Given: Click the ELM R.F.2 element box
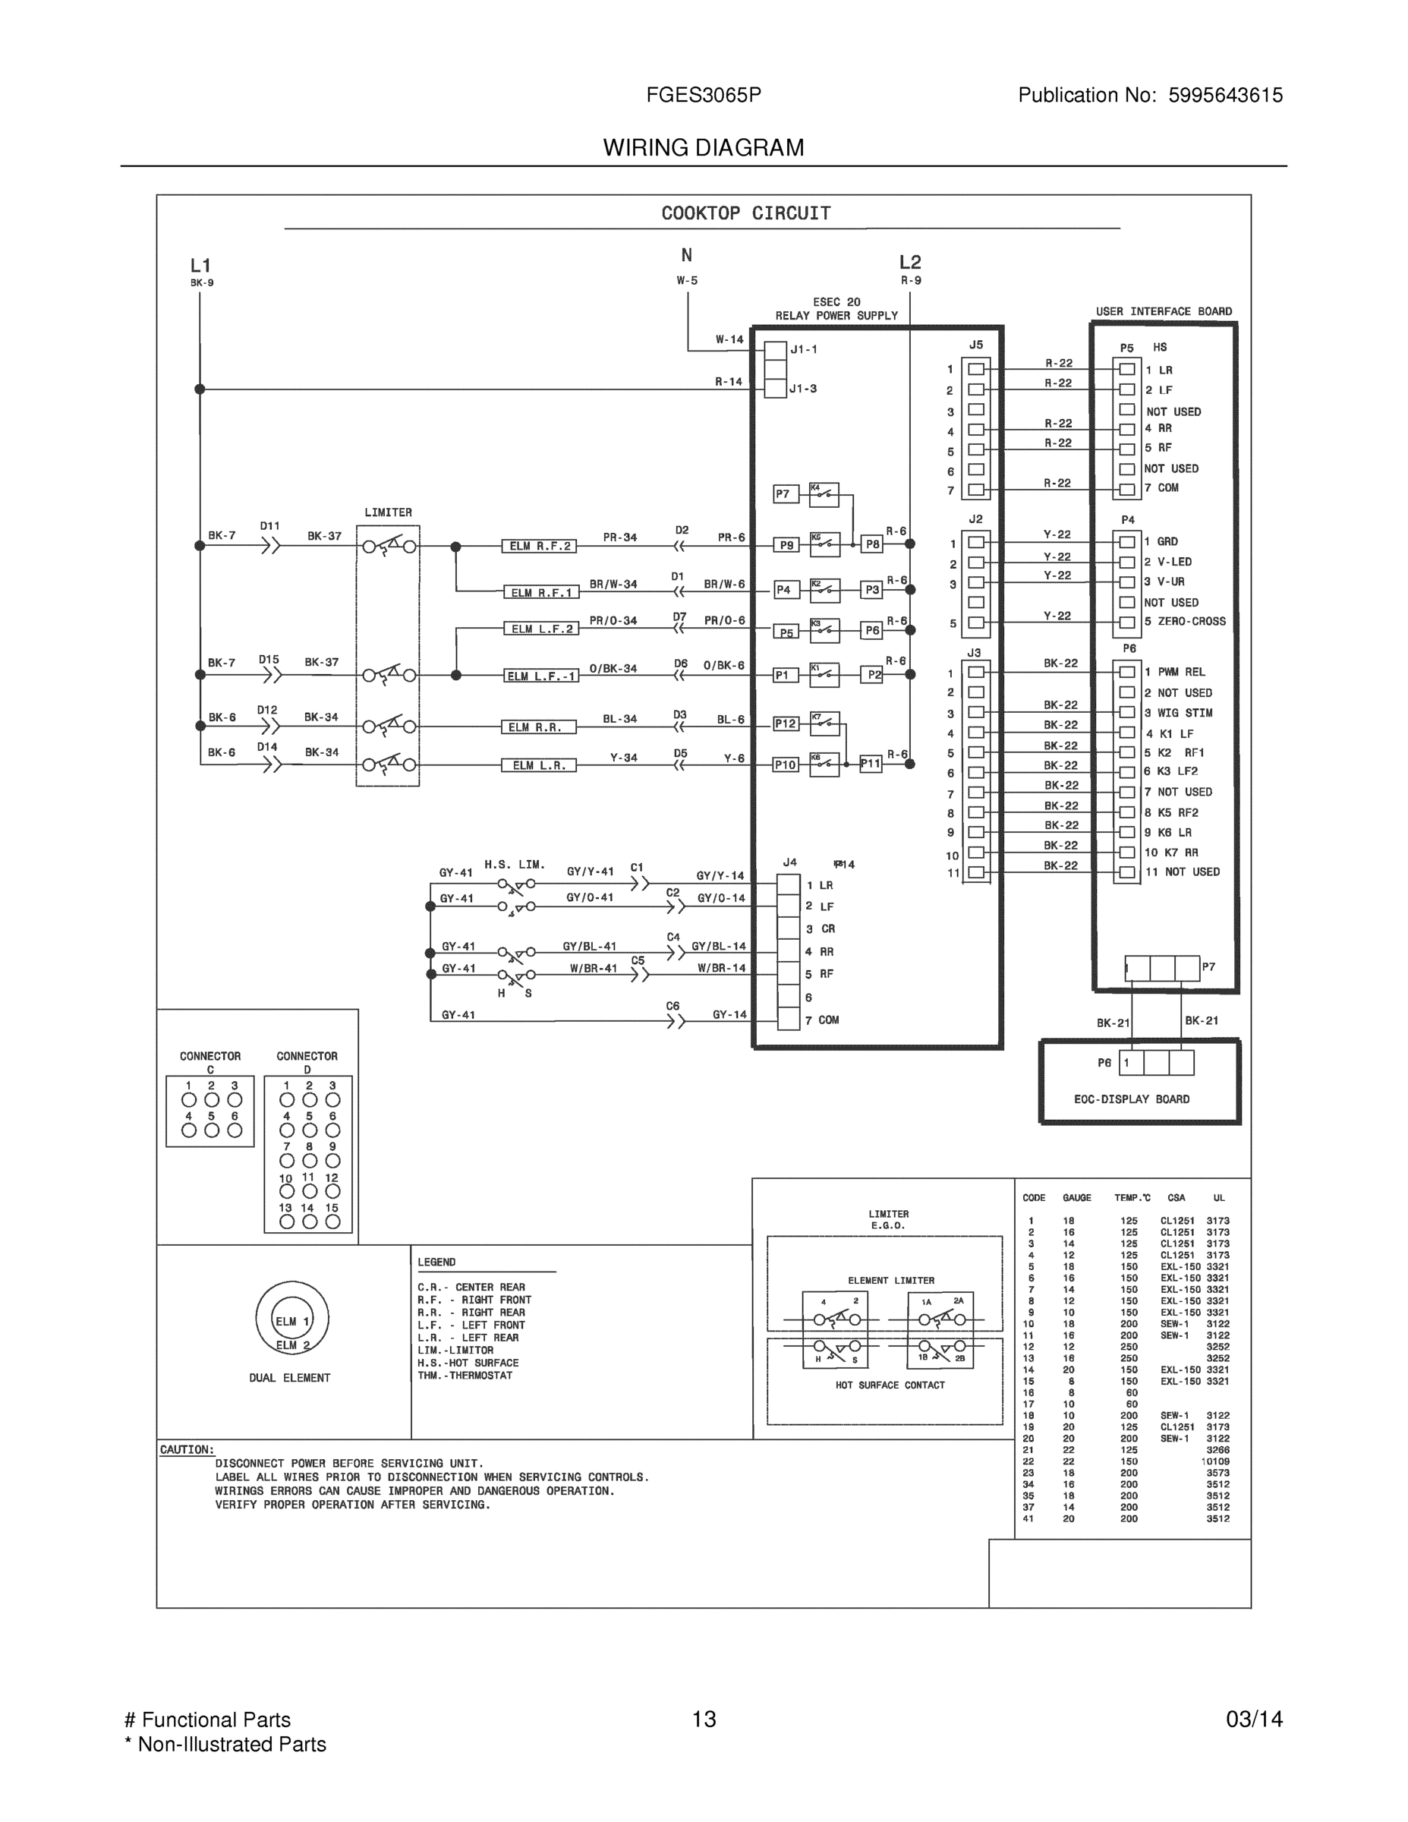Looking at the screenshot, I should (x=540, y=547).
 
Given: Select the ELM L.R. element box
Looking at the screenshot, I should (x=539, y=765).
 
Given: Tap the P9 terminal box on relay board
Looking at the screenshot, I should (x=786, y=546).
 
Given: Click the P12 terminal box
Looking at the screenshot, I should (x=786, y=724).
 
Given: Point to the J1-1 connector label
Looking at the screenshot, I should (x=804, y=349).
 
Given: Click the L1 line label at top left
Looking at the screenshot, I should (x=200, y=266).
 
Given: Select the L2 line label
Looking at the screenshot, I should (x=910, y=263).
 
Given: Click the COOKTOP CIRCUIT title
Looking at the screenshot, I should (x=745, y=213).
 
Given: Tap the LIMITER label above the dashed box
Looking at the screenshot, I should (x=388, y=512).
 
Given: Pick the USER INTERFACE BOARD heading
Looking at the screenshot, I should (x=1164, y=312).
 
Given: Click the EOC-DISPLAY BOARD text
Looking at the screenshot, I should (x=1132, y=1099).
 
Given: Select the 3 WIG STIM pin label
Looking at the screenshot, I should (x=1179, y=714).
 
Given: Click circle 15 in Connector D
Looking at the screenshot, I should (x=332, y=1221).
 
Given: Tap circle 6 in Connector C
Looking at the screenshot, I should (x=235, y=1130).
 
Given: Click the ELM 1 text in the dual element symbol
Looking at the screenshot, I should (x=292, y=1322).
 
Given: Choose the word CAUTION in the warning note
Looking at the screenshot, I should (x=187, y=1450).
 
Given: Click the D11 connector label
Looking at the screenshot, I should (x=269, y=526).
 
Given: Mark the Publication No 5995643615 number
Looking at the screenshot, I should (x=1225, y=96).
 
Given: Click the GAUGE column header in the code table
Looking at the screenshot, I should (x=1077, y=1198).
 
